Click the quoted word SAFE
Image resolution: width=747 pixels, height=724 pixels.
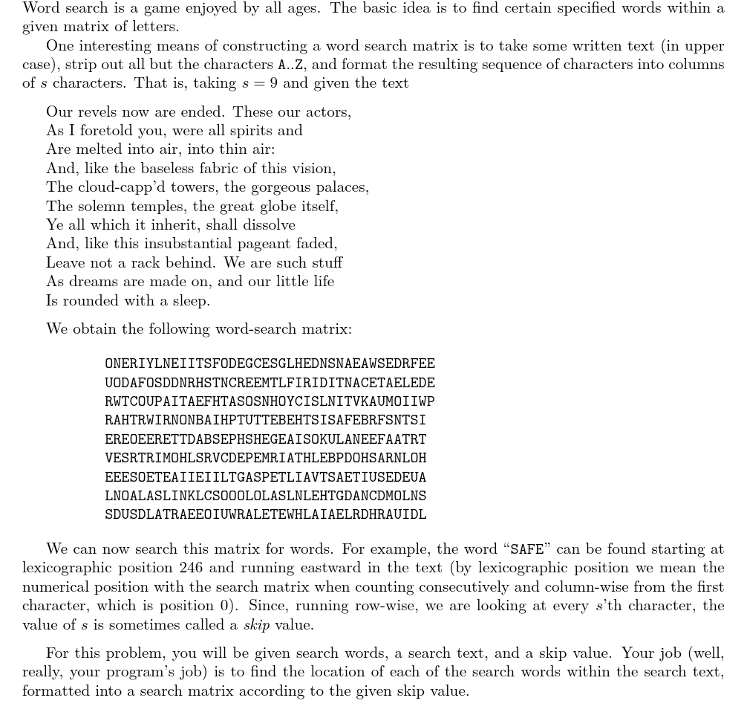527,550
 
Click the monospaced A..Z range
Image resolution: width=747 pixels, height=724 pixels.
290,65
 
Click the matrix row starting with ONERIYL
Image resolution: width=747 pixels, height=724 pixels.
270,364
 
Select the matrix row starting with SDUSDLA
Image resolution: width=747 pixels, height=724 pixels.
265,514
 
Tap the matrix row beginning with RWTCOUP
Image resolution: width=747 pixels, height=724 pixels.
270,401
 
